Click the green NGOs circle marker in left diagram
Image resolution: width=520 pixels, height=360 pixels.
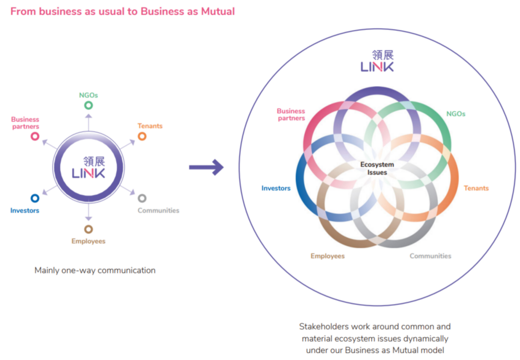(88, 105)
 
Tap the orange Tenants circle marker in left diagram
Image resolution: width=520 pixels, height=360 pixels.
(142, 136)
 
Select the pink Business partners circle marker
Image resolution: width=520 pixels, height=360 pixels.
(35, 136)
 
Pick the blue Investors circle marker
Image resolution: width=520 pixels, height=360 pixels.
(35, 199)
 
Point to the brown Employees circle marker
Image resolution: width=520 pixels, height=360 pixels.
(88, 229)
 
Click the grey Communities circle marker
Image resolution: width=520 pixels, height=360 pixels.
(142, 199)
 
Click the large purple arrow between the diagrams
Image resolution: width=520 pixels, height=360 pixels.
(206, 167)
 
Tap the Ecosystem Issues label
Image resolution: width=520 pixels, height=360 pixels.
(377, 169)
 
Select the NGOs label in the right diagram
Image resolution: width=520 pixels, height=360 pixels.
(456, 114)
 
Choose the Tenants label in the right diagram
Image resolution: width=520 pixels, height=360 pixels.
(476, 188)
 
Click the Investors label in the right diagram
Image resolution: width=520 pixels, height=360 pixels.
(276, 188)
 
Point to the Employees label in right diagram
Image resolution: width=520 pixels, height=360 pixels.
(328, 256)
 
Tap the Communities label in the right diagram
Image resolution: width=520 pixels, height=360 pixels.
(430, 256)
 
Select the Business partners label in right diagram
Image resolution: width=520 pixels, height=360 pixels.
(291, 114)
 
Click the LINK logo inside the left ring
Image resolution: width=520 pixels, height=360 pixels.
(88, 167)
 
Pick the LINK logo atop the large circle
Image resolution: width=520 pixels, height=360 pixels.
(377, 61)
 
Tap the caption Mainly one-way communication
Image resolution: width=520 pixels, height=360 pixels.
(95, 270)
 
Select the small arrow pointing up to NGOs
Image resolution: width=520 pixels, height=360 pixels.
(88, 122)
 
